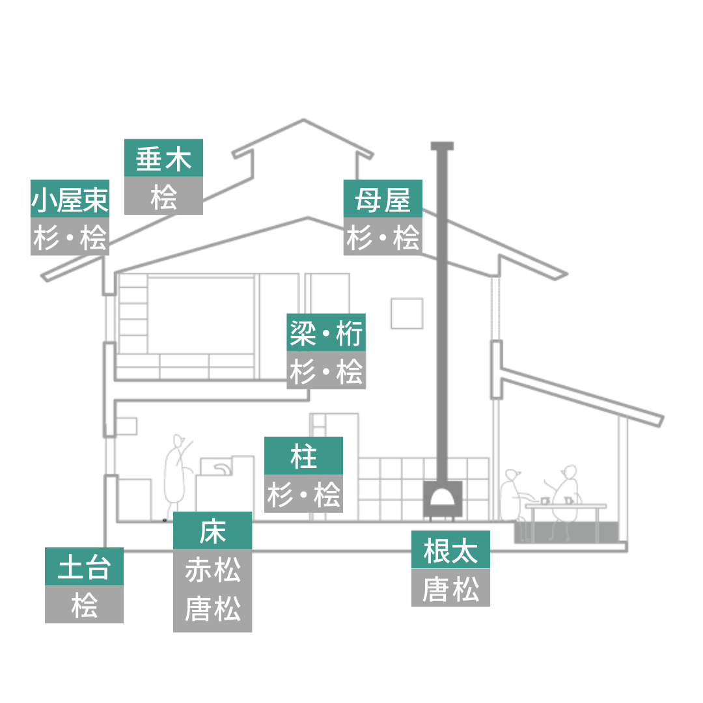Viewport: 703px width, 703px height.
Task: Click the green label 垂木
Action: point(163,158)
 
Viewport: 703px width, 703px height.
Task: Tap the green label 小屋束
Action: point(70,199)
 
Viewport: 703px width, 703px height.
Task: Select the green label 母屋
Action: point(383,199)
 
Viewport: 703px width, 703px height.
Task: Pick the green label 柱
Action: point(303,456)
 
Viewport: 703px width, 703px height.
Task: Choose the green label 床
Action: point(212,531)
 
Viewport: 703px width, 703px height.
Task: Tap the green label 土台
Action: point(84,566)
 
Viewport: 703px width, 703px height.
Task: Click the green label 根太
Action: point(450,550)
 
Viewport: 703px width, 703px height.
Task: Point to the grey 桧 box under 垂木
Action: point(163,195)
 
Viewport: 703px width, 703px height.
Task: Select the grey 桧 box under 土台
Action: point(84,604)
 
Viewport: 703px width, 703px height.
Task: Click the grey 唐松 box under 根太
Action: point(450,588)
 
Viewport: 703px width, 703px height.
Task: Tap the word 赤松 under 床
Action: point(212,570)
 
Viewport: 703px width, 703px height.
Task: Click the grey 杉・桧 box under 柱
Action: point(303,494)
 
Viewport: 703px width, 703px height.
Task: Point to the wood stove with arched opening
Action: point(443,500)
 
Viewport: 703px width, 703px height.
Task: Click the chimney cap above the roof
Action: point(442,146)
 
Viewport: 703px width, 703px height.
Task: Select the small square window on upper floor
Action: point(407,313)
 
